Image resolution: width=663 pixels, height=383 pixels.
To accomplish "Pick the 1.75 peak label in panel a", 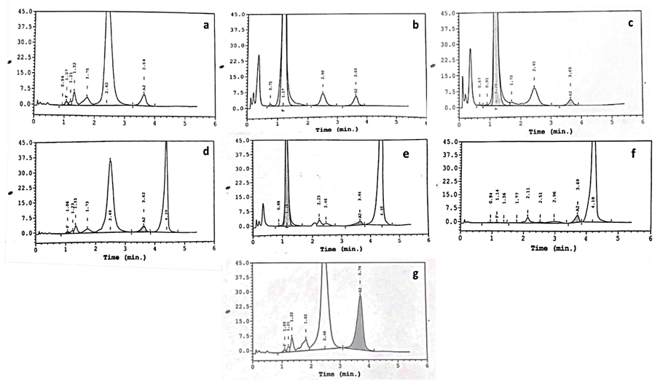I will (x=87, y=73).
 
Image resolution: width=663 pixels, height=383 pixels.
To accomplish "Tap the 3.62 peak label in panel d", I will (x=144, y=198).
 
